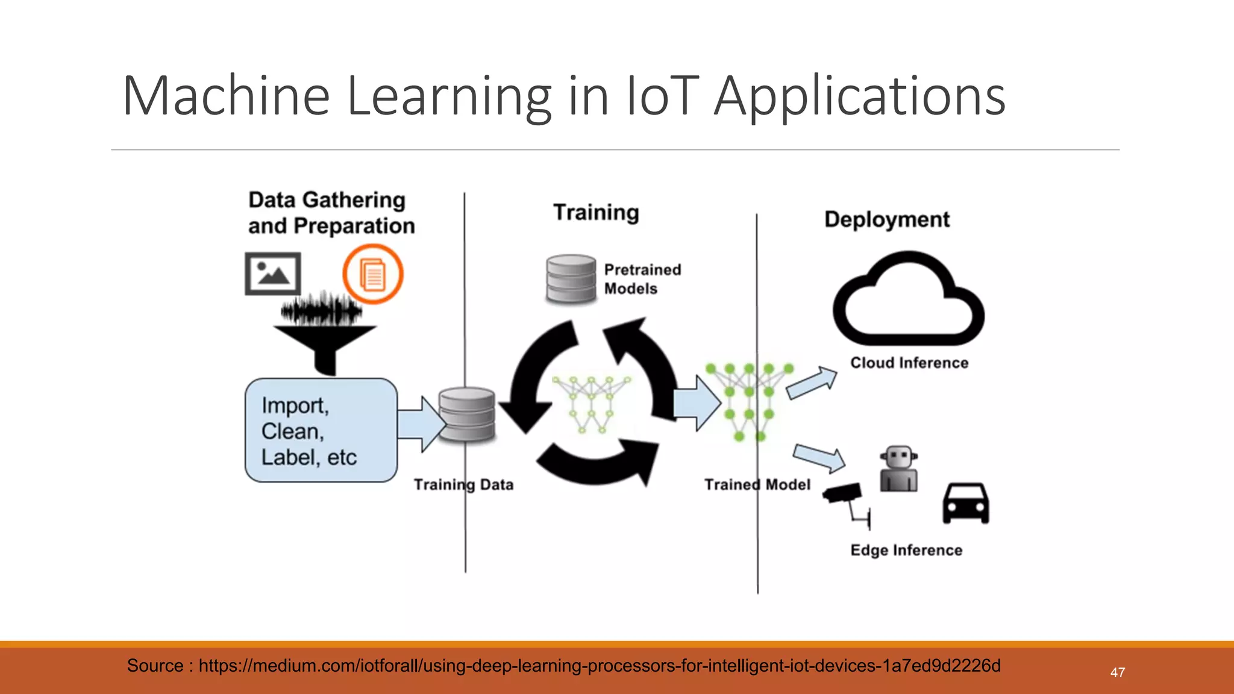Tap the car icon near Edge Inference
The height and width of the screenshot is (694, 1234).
[x=966, y=504]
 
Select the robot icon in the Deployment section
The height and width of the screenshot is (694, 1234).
[x=898, y=469]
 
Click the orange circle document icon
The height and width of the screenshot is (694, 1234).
[x=373, y=274]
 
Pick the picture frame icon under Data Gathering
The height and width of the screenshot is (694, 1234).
[x=273, y=274]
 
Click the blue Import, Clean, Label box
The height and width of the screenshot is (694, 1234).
[x=321, y=430]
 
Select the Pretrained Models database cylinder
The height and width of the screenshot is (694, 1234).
[x=571, y=279]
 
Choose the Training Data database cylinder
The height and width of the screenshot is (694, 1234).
[x=467, y=415]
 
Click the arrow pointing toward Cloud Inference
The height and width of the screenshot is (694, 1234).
[x=812, y=384]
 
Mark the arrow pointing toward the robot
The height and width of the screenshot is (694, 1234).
[x=819, y=458]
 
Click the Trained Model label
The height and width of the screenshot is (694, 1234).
[x=757, y=485]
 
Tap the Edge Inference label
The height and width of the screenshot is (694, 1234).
[x=906, y=550]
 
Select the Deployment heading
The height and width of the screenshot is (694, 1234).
[x=887, y=220]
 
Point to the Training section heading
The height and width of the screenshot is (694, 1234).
[x=596, y=213]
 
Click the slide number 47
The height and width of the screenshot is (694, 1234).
[x=1118, y=673]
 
